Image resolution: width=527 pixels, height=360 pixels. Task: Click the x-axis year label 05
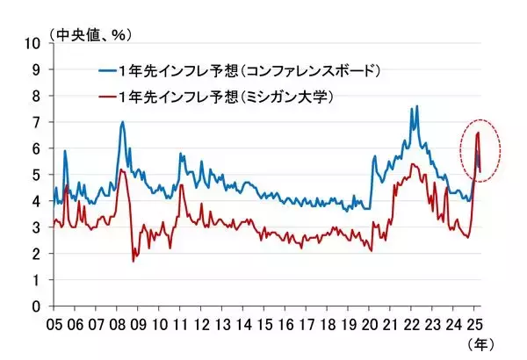[54, 323]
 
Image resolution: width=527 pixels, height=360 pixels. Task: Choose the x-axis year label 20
[369, 323]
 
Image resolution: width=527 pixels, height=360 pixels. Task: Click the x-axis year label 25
[474, 323]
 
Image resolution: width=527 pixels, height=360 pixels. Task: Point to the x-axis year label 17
[307, 323]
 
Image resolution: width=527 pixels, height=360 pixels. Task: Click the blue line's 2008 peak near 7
[122, 122]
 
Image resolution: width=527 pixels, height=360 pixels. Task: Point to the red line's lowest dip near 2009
[134, 261]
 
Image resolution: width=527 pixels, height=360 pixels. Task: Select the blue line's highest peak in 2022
[415, 106]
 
